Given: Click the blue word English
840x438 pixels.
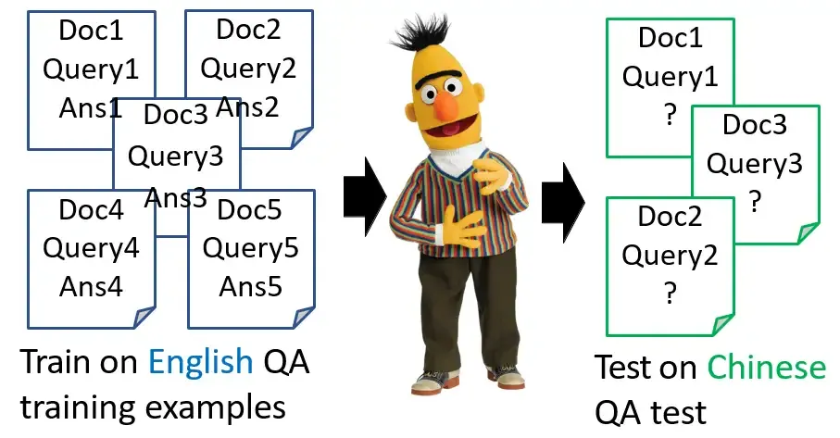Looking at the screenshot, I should pos(196,363).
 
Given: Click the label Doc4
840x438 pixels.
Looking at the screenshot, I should pos(91,210).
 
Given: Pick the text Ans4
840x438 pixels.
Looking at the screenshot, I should pos(91,287).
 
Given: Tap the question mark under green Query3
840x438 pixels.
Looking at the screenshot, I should pos(756,201).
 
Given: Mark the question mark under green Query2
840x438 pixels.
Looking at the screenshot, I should pos(670,294).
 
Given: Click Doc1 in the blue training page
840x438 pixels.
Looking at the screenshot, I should pos(91,31).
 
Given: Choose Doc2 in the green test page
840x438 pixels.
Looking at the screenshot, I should pos(670,219).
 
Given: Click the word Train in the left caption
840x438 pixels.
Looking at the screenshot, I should pos(55,363).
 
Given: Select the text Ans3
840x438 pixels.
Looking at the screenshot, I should pos(176,198).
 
